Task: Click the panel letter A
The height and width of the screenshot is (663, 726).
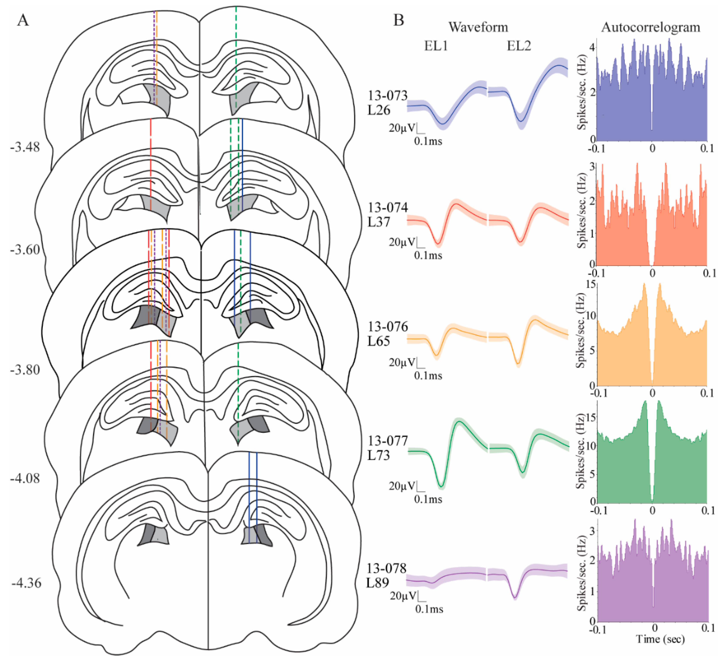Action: click(23, 20)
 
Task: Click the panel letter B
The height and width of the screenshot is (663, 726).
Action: click(398, 20)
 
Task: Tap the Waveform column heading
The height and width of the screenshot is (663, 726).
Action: click(478, 27)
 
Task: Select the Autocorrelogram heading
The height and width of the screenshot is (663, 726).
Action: click(650, 27)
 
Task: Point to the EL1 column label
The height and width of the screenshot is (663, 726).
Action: click(436, 46)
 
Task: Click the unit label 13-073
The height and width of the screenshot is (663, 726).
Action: click(387, 95)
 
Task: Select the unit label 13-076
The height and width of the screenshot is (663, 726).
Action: click(387, 327)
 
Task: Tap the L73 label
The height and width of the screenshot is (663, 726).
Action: click(379, 455)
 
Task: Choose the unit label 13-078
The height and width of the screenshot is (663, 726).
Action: click(386, 568)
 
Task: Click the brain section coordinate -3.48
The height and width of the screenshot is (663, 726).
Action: click(25, 147)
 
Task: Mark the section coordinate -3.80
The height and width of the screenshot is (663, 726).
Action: click(25, 370)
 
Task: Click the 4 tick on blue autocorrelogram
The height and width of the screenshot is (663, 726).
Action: click(592, 47)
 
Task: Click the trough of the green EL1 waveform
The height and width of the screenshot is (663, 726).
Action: click(441, 486)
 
